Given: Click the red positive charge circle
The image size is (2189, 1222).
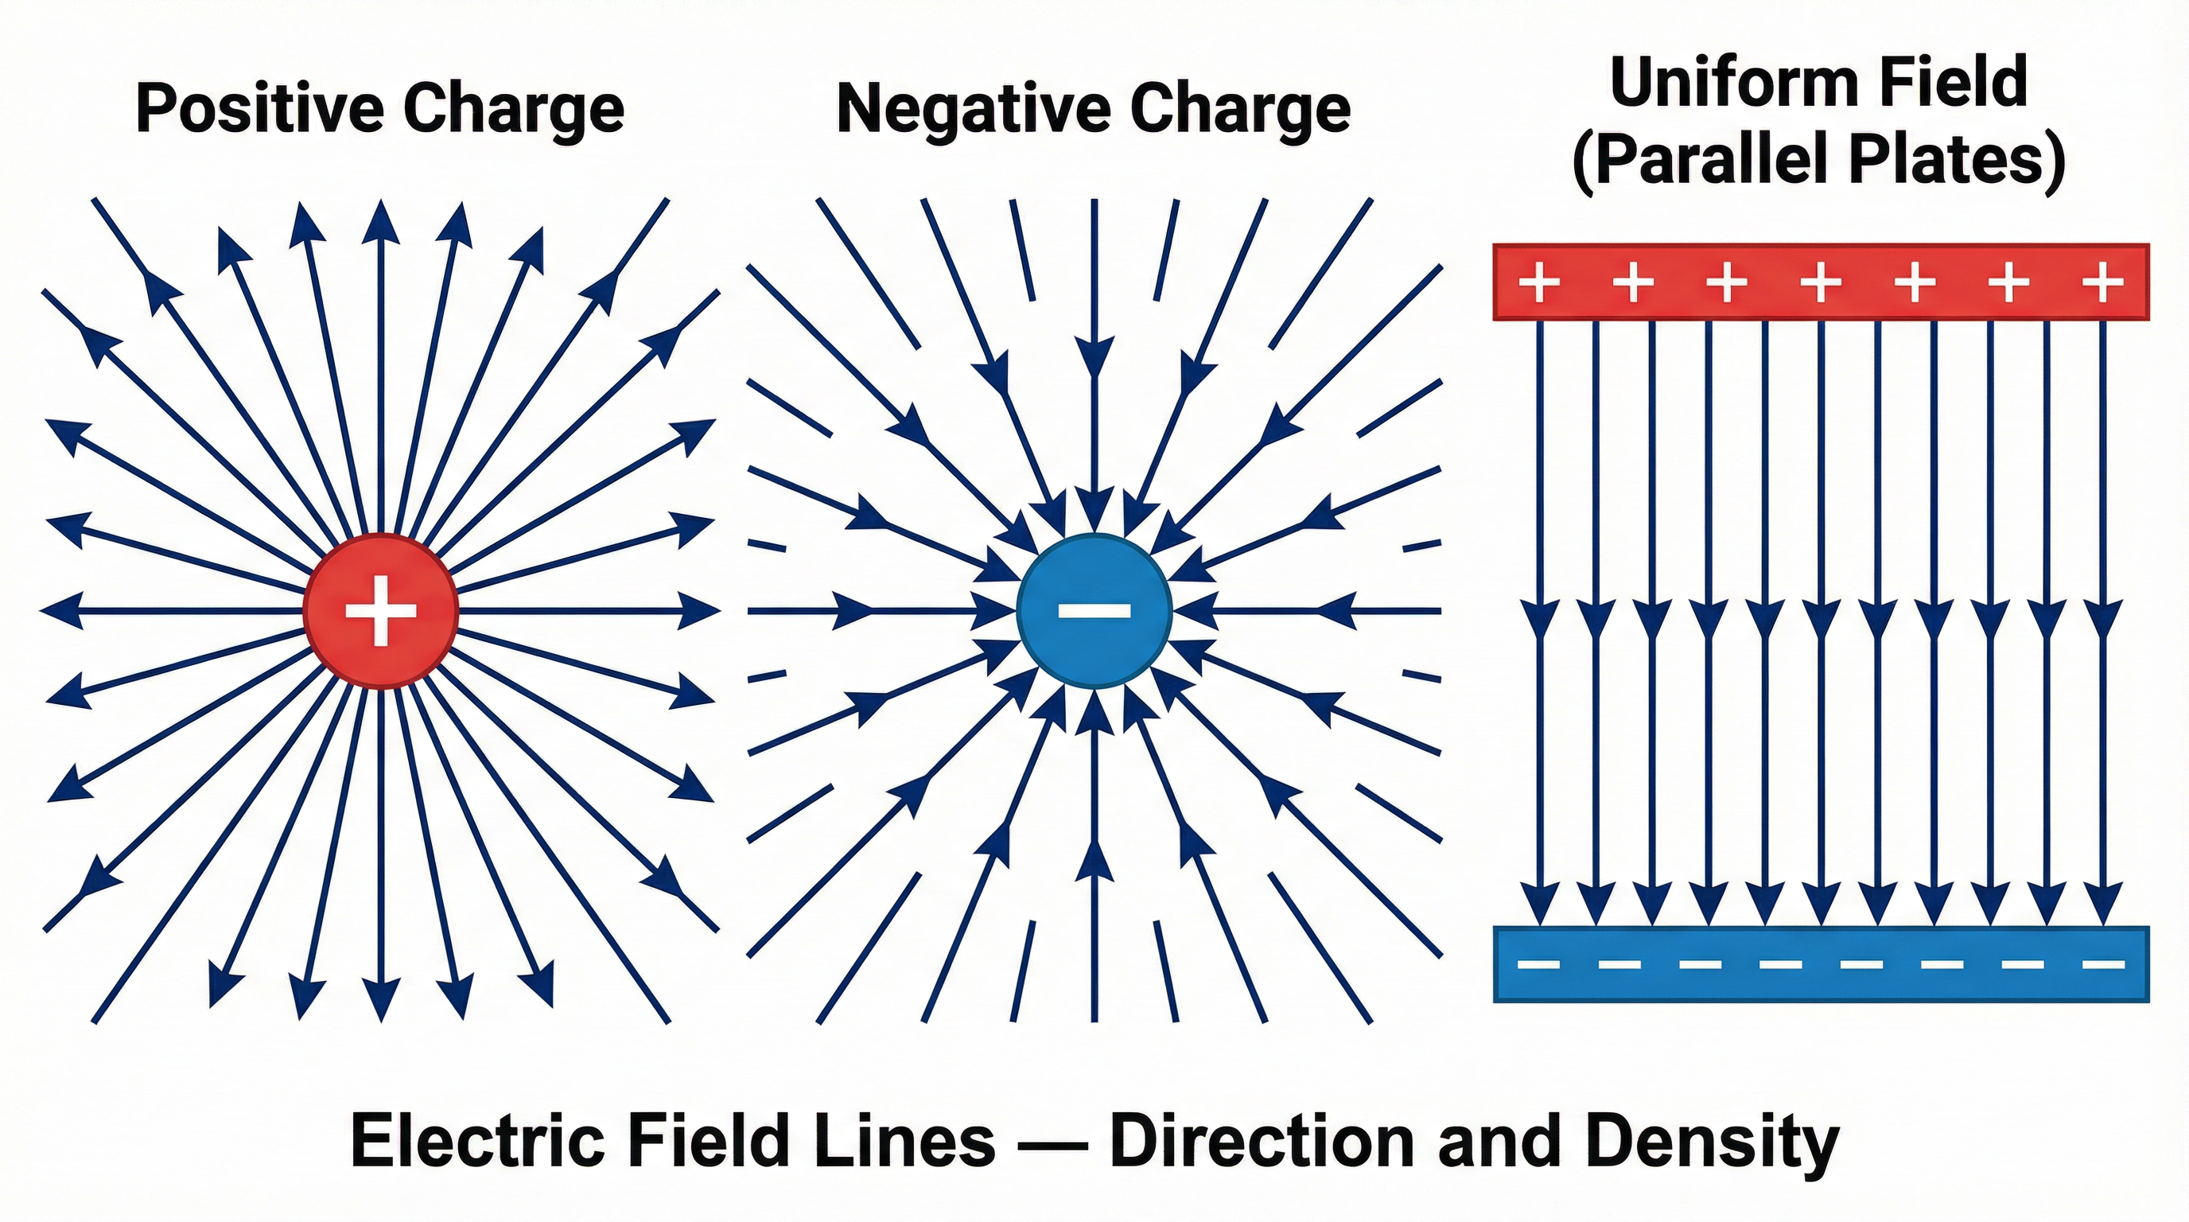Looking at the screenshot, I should [381, 610].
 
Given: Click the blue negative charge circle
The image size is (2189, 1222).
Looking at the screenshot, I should [1094, 610].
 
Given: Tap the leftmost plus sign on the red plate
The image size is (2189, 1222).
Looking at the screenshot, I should [1539, 282].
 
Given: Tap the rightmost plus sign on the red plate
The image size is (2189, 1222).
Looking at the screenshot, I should [2103, 282].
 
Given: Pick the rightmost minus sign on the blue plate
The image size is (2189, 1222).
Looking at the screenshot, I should [2104, 964].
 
